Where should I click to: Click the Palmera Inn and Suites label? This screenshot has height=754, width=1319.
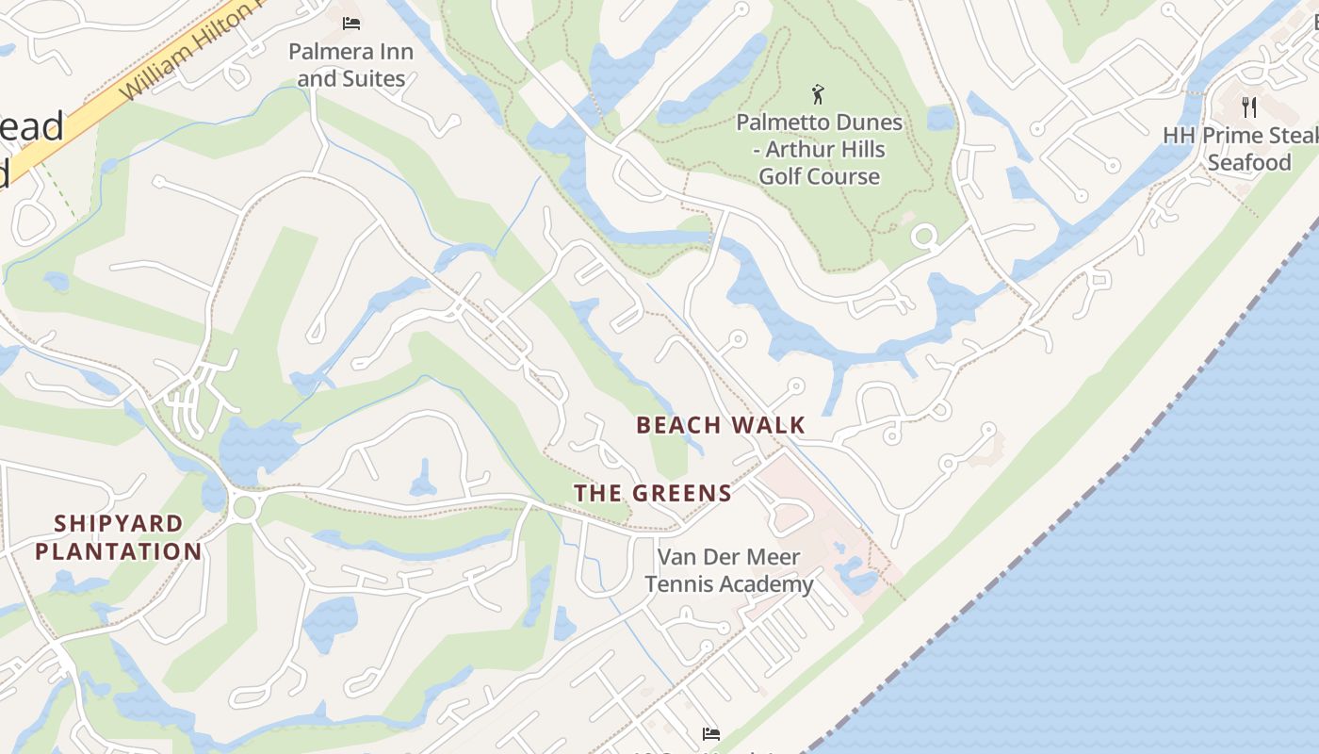(x=350, y=64)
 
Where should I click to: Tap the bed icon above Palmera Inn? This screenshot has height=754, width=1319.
(x=351, y=23)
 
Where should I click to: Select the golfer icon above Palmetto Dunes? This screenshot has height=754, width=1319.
(x=818, y=94)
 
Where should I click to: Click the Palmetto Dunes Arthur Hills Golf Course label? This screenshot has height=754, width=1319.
(x=819, y=149)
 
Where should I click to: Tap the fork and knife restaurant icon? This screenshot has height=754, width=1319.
(x=1249, y=107)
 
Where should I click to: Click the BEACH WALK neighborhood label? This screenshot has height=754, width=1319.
(x=721, y=425)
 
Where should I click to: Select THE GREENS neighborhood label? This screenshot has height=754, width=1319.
(x=653, y=493)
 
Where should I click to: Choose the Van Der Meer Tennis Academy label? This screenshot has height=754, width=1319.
(x=728, y=570)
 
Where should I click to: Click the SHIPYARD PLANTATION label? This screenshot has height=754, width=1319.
(x=119, y=537)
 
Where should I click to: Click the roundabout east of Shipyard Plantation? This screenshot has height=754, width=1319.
(x=245, y=507)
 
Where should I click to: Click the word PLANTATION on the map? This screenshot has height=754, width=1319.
(x=119, y=551)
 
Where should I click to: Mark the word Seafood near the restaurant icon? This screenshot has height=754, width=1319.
(x=1249, y=162)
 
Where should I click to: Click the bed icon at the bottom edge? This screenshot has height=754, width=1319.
(x=711, y=733)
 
